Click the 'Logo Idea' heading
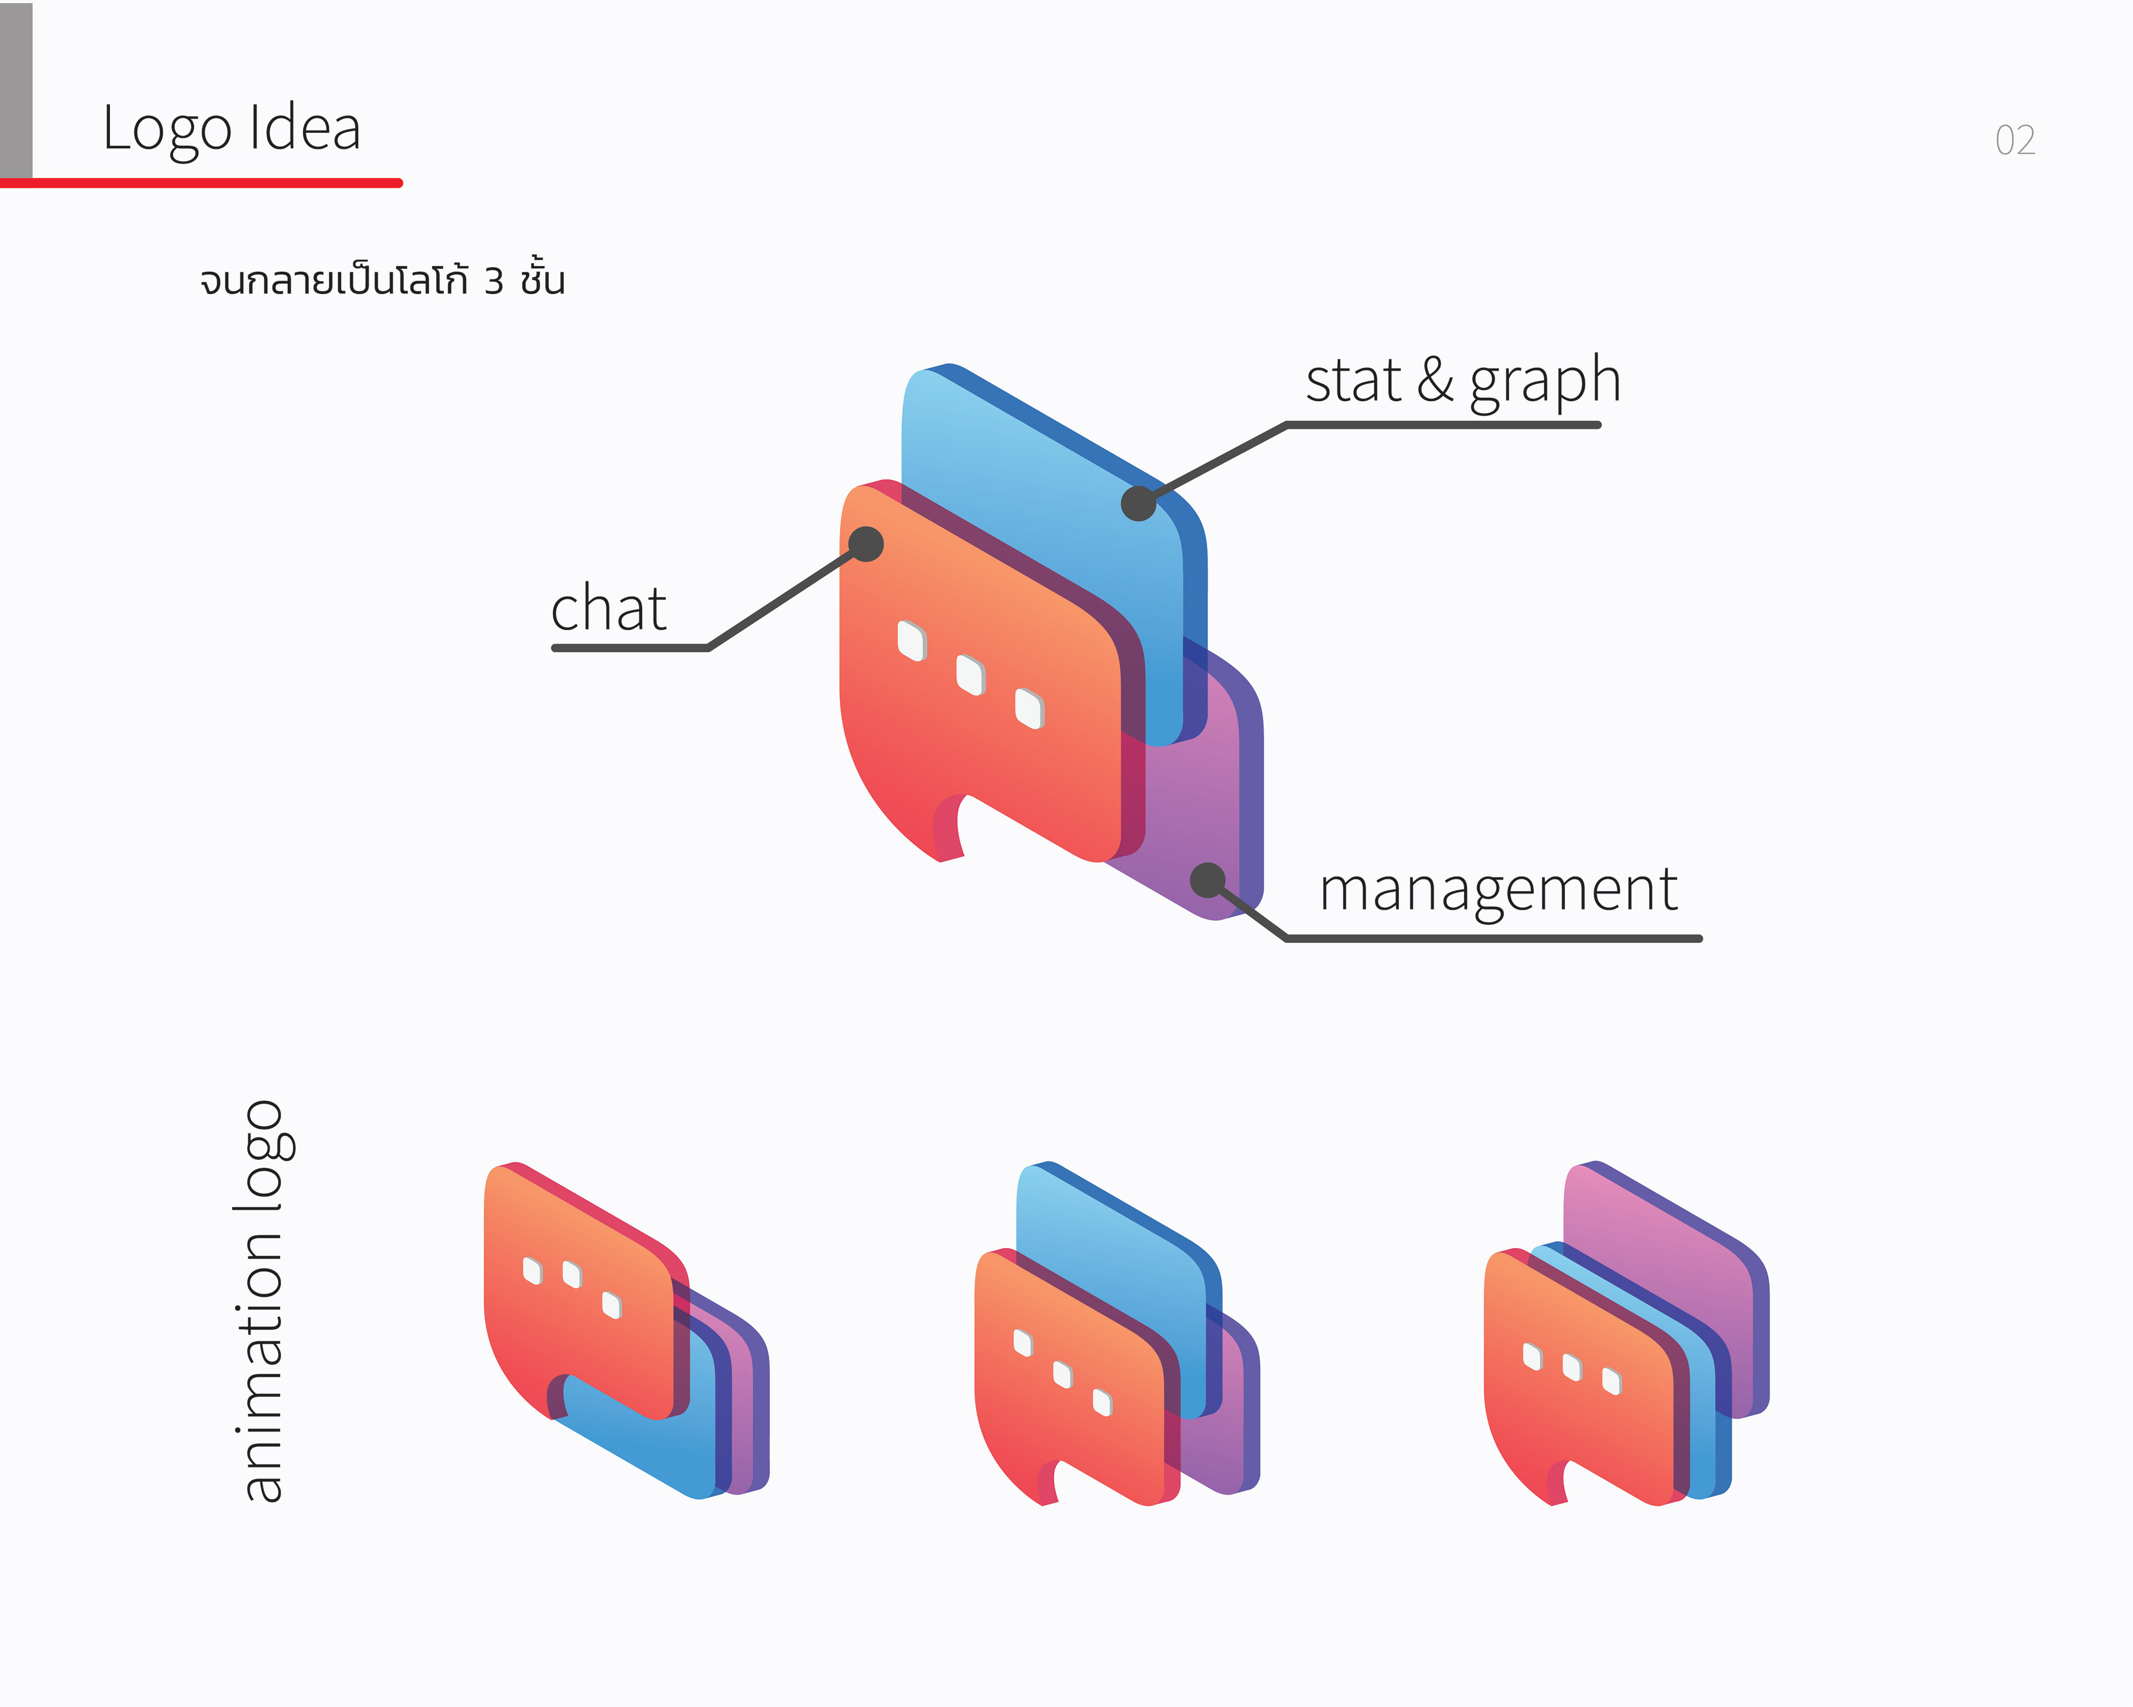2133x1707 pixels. point(232,129)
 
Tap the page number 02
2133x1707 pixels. point(2014,141)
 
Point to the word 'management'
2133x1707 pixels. point(1498,889)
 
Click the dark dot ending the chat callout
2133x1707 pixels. point(865,543)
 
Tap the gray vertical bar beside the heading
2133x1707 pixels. point(16,89)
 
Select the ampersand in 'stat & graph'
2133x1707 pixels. point(1435,381)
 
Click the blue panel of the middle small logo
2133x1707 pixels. point(1108,1237)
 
